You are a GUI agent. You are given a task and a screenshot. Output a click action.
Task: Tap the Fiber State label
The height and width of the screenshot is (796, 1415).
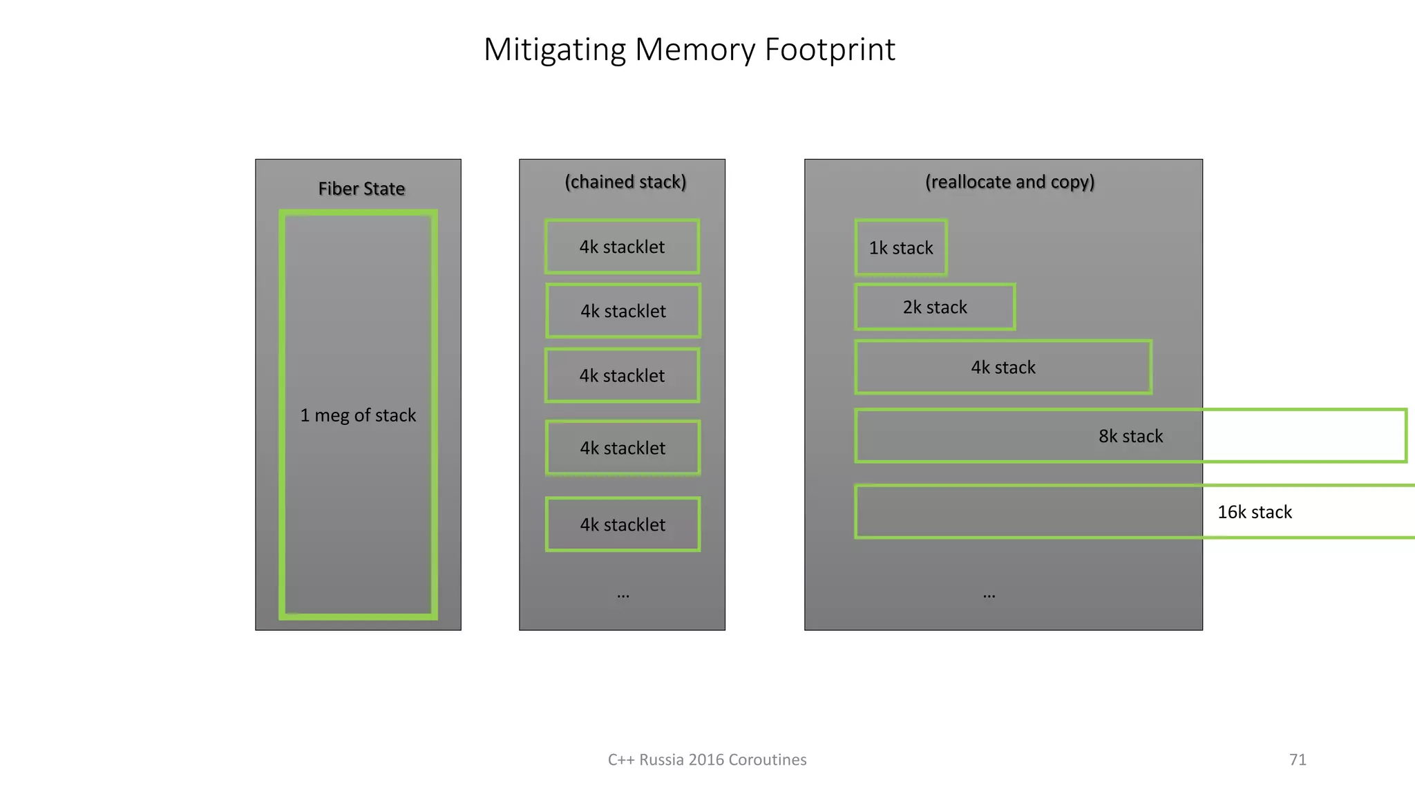361,189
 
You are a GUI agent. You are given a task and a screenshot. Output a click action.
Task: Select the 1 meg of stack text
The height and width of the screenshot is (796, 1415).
358,415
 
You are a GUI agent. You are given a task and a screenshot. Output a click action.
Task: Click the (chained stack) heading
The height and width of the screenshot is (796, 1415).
625,182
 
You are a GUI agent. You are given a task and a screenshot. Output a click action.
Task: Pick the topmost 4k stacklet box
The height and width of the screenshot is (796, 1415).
622,247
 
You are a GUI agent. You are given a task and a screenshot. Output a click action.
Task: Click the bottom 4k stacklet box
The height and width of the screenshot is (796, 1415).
623,524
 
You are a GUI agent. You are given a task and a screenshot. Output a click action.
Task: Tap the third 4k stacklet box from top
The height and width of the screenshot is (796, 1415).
622,375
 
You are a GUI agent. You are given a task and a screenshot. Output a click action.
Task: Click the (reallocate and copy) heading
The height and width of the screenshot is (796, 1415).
1009,182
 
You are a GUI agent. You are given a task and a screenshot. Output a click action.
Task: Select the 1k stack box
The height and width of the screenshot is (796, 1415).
901,247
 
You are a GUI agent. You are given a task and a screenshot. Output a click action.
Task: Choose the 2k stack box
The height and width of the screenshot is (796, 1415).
935,307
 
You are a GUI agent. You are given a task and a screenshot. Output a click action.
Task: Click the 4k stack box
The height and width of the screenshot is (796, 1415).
1003,367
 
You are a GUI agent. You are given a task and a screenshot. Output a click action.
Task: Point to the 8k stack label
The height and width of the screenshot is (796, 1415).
1130,436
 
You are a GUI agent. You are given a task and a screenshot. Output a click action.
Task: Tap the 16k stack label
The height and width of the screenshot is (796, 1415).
1254,512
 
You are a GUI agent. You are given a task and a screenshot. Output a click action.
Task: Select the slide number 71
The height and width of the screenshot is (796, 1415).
1298,759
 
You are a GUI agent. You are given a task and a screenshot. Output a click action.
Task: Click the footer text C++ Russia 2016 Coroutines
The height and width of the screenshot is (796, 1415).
707,759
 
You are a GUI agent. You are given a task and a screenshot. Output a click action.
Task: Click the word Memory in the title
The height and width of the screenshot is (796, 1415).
695,50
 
